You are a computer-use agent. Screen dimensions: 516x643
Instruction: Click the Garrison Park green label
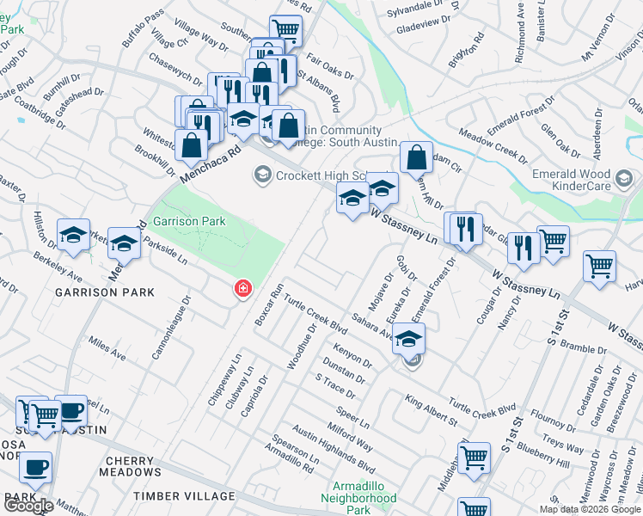[188, 222]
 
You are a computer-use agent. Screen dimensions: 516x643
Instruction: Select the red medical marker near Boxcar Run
[244, 290]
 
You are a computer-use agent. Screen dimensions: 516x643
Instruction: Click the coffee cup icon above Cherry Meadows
[35, 468]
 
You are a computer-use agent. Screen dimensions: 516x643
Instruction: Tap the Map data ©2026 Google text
[590, 509]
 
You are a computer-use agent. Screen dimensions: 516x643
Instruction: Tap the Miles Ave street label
[107, 348]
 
